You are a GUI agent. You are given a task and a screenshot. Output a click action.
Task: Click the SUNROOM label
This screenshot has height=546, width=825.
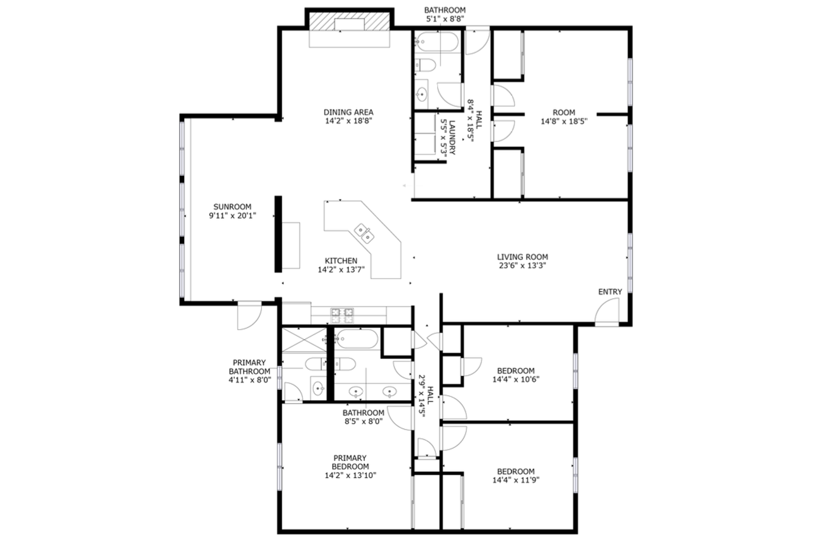point(232,207)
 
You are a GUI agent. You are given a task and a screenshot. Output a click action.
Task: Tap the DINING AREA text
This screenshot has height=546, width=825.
point(349,112)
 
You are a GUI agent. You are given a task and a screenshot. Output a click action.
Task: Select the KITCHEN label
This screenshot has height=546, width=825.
point(341,261)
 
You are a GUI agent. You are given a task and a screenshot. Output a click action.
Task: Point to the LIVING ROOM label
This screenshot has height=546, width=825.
point(522,257)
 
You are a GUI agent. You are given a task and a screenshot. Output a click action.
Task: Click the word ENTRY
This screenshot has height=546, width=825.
point(610,292)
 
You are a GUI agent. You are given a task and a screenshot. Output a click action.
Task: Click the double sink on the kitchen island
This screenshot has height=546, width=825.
point(364,234)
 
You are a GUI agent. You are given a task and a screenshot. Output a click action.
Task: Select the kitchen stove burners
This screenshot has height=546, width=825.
point(342,315)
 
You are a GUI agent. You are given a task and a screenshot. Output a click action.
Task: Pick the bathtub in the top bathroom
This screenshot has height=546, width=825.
point(437,41)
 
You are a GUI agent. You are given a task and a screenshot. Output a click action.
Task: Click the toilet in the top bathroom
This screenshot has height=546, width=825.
point(425,65)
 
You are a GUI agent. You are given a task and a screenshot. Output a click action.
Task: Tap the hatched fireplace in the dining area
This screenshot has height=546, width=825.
point(349,21)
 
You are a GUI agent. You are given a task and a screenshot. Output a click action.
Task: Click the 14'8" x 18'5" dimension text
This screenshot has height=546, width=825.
point(564,121)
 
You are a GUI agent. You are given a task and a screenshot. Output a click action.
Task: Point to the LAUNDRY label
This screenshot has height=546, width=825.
point(453,138)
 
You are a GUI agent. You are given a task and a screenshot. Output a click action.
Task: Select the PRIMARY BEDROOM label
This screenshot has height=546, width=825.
point(350,462)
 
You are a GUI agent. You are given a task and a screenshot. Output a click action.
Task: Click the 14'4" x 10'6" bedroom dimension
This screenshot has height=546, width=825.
point(515,379)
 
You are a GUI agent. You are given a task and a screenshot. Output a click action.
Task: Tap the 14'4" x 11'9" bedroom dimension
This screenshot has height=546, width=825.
point(515,480)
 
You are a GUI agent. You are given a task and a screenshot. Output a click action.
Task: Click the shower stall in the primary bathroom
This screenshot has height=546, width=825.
point(304,339)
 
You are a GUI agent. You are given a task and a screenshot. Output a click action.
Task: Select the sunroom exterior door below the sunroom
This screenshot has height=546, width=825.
point(249,315)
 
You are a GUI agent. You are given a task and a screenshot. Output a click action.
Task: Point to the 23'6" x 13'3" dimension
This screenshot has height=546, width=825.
point(522,265)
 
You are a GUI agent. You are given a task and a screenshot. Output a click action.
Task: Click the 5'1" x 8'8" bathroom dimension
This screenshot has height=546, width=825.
point(445,19)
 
